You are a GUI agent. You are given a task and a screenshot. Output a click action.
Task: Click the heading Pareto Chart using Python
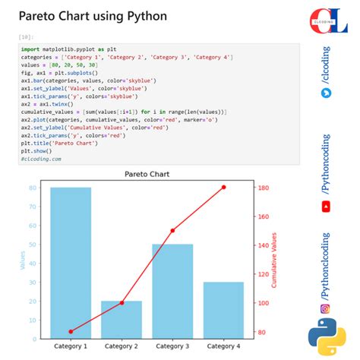(93, 15)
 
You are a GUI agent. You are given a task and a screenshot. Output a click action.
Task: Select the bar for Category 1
(71, 262)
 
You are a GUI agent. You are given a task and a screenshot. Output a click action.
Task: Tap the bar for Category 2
(122, 319)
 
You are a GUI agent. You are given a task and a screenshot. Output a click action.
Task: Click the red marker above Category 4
(223, 187)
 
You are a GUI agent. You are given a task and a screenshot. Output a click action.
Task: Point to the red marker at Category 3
(172, 230)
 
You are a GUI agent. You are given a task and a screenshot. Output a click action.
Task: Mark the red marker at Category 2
(122, 302)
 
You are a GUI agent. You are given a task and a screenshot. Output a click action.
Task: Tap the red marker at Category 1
(71, 331)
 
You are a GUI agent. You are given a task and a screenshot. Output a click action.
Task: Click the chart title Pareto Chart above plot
(147, 174)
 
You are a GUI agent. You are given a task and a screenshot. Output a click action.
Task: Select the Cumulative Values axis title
(273, 260)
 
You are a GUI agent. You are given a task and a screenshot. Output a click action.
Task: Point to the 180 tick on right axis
(263, 188)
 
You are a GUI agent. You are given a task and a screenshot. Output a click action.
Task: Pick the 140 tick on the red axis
(263, 245)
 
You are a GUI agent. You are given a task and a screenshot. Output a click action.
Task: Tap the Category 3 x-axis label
(172, 346)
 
